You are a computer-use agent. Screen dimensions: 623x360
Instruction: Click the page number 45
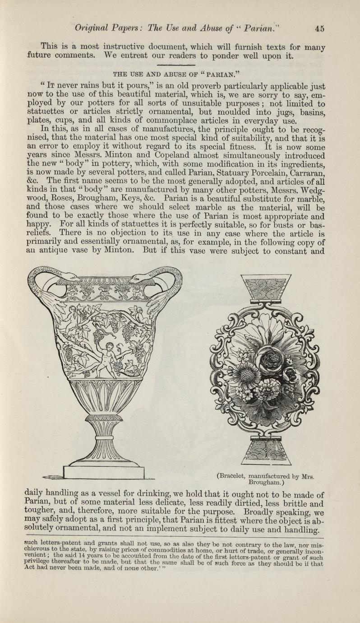coord(320,28)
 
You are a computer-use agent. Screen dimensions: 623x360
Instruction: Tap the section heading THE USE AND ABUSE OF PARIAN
coord(180,74)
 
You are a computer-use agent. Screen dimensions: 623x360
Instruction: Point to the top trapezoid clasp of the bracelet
coord(266,288)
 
